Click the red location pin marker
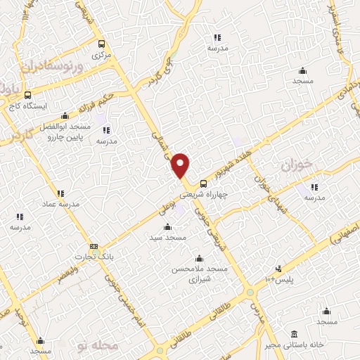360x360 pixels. click(x=181, y=165)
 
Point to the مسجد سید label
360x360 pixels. click(x=167, y=238)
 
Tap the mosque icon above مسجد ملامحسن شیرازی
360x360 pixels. click(x=200, y=258)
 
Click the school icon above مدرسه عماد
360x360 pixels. click(x=60, y=193)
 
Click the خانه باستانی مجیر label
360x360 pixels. click(x=294, y=345)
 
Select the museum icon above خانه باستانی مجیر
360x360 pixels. click(x=293, y=333)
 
